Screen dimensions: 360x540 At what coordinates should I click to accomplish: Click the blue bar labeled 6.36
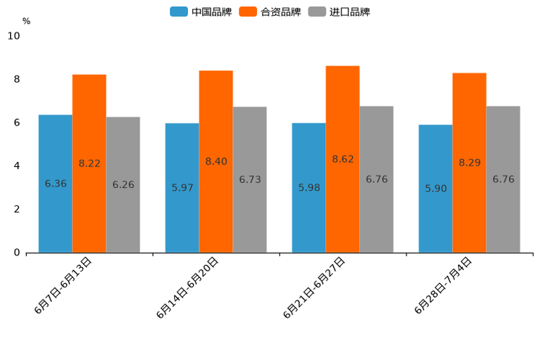[x=55, y=184]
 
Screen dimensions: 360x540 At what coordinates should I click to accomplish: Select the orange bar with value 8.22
[x=89, y=163]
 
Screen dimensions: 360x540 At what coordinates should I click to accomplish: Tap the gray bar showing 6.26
[x=123, y=184]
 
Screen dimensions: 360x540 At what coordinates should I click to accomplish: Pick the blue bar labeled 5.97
[x=182, y=188]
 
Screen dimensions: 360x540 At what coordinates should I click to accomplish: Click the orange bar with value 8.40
[x=216, y=161]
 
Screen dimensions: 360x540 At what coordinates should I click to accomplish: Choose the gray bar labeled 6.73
[x=250, y=179]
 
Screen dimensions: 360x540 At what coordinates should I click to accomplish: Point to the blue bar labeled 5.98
[x=308, y=188]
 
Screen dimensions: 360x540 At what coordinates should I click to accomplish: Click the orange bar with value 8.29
[x=469, y=163]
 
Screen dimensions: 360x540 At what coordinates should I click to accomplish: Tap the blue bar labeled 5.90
[x=435, y=189]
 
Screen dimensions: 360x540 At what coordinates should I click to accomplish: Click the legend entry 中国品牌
[x=201, y=12]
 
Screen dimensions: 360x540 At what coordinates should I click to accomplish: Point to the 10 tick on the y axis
[x=14, y=36]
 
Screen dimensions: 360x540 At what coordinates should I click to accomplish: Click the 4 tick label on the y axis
[x=16, y=165]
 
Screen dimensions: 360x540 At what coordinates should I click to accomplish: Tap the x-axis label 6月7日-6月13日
[x=63, y=285]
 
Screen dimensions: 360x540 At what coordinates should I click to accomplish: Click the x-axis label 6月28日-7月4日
[x=443, y=285]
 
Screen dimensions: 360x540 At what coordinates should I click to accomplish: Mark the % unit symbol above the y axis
[x=26, y=21]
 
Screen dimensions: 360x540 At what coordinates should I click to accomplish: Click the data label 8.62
[x=343, y=159]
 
